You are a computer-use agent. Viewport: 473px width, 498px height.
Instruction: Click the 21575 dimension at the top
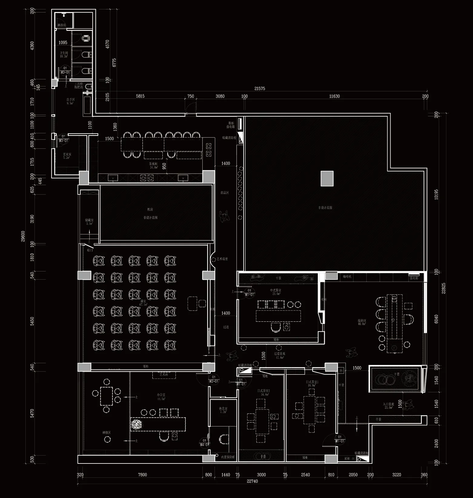coord(260,88)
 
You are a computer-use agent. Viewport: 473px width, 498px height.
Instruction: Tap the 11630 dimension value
coord(335,96)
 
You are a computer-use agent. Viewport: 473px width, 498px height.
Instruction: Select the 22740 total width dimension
coord(252,481)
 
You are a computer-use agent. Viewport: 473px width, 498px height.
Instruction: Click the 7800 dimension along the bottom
coord(142,475)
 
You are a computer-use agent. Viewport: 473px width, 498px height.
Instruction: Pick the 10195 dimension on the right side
coord(436,194)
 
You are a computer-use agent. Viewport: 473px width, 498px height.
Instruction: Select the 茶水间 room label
coord(154,164)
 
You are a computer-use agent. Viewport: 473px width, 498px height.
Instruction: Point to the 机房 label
coord(150,209)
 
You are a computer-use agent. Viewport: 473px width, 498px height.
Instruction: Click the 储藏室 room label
coord(89,220)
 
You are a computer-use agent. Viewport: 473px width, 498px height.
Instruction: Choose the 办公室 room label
coord(161,395)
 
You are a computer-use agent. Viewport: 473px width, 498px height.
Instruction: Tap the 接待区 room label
coord(362,320)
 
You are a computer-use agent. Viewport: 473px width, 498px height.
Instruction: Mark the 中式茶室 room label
coord(275,290)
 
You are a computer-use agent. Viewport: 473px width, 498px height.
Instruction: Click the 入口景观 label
coord(388,404)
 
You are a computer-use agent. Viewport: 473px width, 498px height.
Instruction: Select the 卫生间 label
coord(64,53)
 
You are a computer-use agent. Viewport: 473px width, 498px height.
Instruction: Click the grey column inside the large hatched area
coord(327,178)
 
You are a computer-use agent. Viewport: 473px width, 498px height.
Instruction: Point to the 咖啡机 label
coord(347,277)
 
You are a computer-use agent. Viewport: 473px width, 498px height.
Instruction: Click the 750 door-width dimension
coord(191,96)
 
